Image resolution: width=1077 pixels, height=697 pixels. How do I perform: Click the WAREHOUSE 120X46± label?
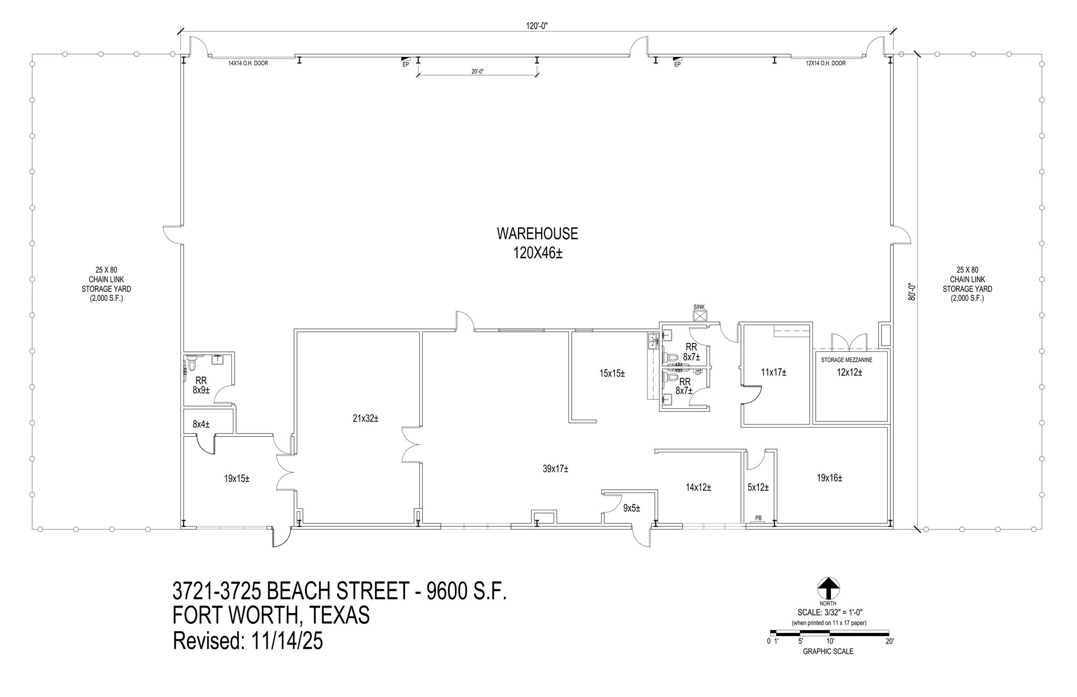(537, 243)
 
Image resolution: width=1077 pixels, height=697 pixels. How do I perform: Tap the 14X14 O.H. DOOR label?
(248, 64)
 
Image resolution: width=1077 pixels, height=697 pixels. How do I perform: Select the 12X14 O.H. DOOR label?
(826, 64)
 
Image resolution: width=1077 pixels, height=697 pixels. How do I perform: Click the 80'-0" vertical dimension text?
(912, 292)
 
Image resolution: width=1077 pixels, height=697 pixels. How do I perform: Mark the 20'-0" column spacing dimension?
(477, 72)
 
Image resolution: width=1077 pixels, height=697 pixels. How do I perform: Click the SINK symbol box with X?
(700, 316)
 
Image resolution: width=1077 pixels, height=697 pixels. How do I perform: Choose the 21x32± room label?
(365, 419)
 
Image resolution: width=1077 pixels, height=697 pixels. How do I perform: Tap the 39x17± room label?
(555, 469)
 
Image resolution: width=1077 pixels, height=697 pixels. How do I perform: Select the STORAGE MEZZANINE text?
(847, 360)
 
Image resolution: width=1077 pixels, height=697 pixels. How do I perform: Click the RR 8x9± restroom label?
(201, 385)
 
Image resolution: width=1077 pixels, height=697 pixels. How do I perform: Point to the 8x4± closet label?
(201, 424)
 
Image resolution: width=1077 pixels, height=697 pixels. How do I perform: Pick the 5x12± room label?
(758, 488)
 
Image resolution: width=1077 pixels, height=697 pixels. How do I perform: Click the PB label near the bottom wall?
(758, 518)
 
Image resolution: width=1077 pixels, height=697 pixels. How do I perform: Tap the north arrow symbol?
(828, 588)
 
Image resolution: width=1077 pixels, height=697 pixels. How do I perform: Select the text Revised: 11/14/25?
(248, 641)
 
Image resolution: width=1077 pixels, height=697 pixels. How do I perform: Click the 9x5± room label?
(632, 508)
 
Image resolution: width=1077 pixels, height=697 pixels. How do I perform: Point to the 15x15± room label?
(612, 373)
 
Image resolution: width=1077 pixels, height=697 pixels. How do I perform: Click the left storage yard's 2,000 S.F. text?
(106, 299)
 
